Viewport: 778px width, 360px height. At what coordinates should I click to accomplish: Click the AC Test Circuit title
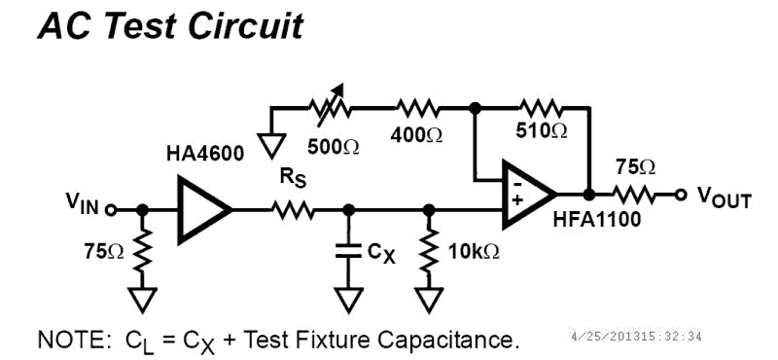coord(169,25)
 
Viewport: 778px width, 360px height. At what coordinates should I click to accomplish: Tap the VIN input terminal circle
coord(111,209)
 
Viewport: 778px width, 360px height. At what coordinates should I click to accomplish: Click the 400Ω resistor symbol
coord(417,107)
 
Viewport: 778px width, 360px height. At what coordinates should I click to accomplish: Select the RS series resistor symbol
coord(292,209)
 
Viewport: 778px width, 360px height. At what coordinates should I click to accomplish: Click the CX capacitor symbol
coord(348,252)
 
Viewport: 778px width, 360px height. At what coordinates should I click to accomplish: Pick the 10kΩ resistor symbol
coord(428,251)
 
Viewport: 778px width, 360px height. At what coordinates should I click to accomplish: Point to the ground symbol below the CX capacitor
coord(348,297)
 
